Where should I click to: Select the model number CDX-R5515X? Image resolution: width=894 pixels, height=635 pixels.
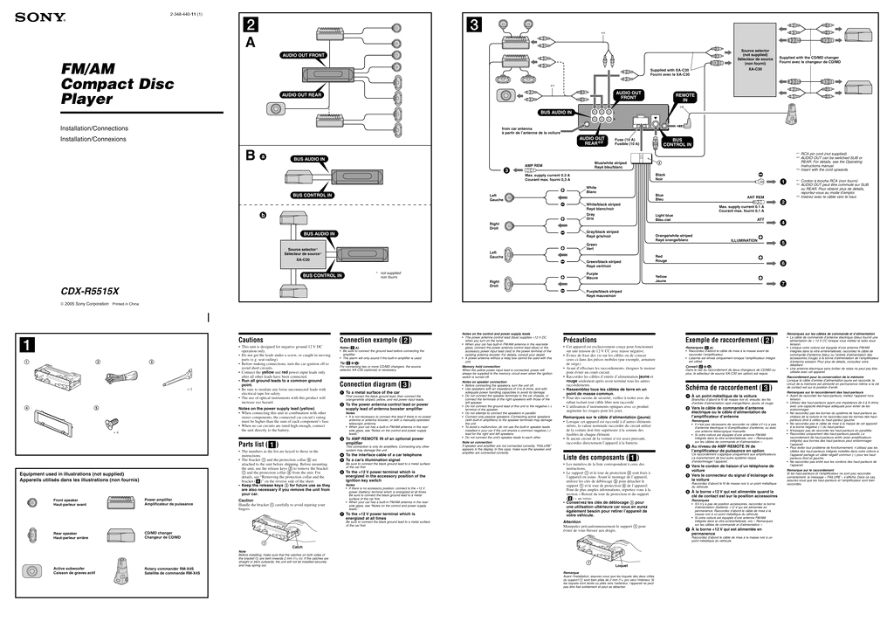(90, 292)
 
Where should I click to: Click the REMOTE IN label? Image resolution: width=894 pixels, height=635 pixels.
(685, 97)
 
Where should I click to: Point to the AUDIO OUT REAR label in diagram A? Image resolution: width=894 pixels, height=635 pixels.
(301, 94)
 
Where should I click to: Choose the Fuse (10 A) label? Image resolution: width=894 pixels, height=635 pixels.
(625, 141)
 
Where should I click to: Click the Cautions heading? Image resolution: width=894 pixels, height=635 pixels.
(251, 339)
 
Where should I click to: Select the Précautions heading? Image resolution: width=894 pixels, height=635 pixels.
(581, 339)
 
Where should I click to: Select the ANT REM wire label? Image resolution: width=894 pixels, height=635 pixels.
(755, 197)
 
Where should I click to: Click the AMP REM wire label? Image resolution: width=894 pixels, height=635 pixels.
(534, 163)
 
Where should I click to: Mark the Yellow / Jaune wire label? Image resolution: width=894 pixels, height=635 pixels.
(661, 279)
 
